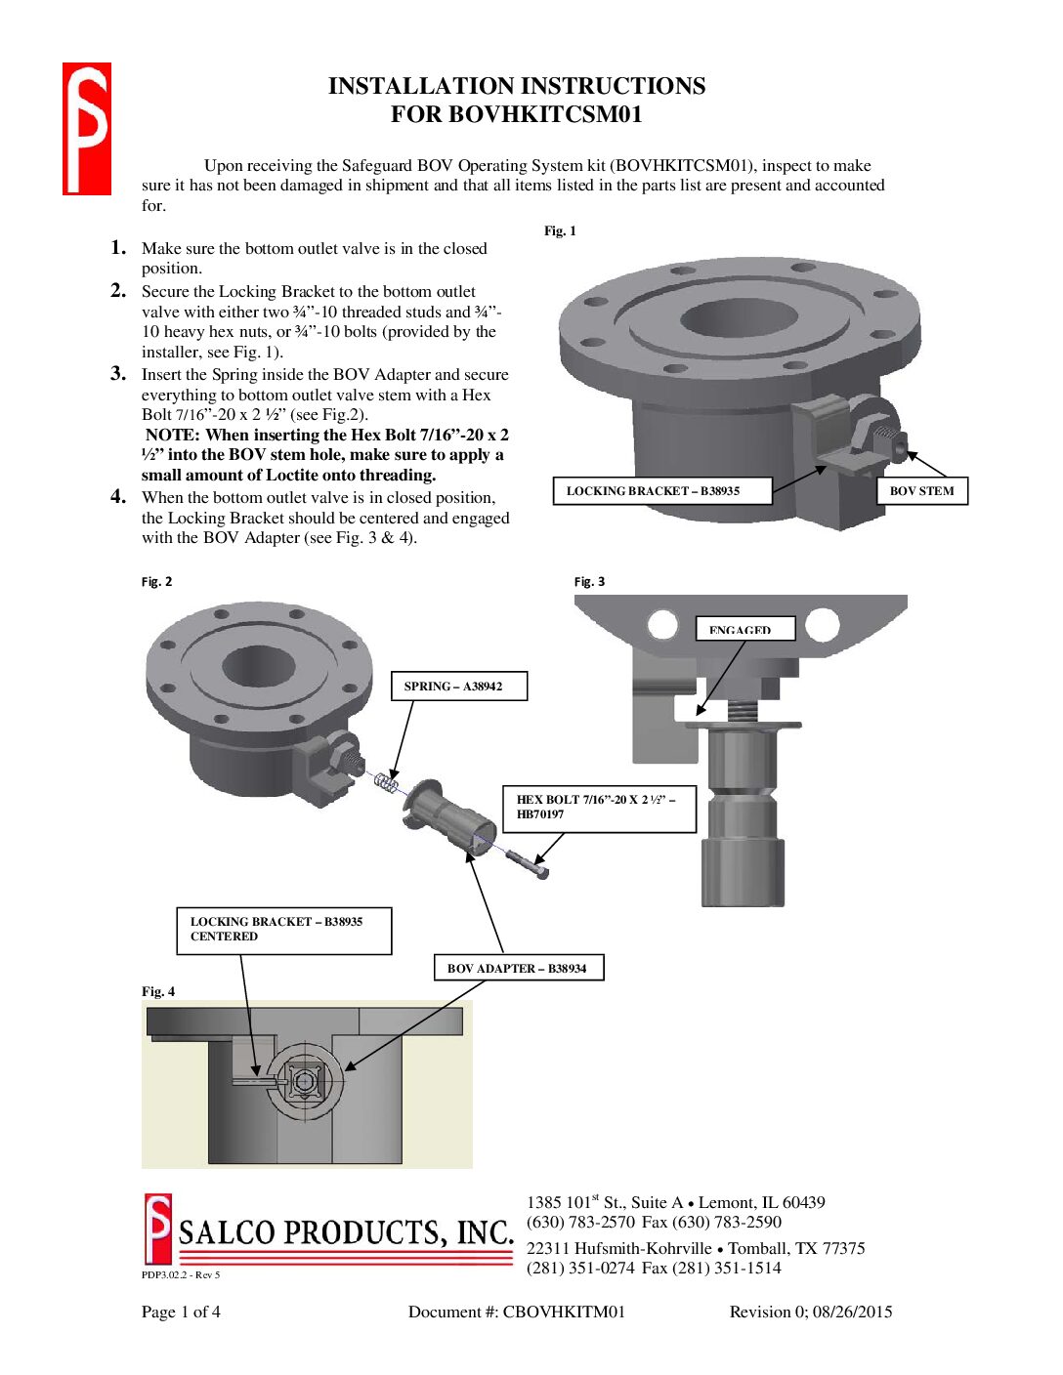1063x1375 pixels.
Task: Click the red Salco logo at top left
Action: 87,129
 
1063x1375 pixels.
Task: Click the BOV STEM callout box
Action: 922,491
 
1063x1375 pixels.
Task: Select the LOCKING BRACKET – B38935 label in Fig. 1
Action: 662,491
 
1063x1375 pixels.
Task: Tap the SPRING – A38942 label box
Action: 458,687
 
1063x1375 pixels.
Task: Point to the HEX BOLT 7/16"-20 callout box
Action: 599,808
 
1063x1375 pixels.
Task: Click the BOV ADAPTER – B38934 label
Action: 518,969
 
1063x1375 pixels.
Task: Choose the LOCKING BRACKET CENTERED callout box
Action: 283,930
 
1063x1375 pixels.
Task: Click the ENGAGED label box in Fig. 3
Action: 744,629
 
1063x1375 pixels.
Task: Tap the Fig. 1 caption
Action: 560,231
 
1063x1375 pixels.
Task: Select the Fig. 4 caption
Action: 158,992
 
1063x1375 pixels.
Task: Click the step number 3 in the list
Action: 118,373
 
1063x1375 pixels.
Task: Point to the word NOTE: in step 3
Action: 173,436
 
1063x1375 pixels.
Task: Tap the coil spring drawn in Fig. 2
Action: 387,781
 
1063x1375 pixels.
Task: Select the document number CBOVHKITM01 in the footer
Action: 563,1312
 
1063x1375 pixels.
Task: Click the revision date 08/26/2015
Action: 852,1312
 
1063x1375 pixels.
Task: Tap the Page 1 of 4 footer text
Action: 181,1312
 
